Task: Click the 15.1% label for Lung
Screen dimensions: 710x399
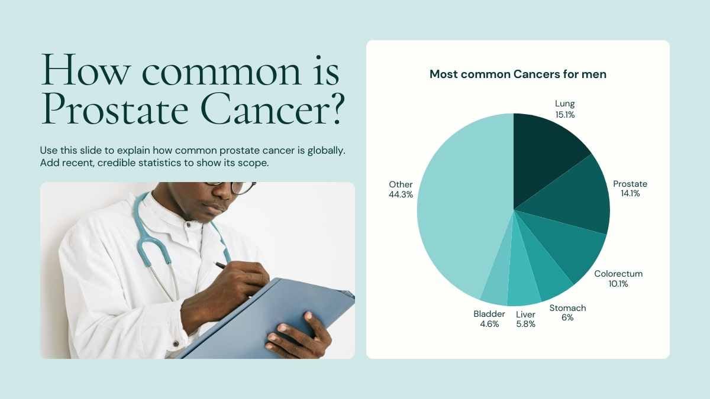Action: pos(565,115)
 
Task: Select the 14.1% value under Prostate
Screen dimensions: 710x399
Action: pos(630,193)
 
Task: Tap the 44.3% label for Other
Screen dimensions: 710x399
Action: pos(401,194)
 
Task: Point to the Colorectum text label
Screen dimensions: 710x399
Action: pos(618,274)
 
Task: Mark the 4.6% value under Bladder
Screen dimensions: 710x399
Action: pos(489,324)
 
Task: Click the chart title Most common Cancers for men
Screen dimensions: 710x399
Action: pos(518,74)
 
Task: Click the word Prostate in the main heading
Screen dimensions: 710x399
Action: pos(115,109)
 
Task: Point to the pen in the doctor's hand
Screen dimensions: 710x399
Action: pos(221,265)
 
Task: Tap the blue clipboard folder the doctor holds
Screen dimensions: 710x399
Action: pos(269,320)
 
